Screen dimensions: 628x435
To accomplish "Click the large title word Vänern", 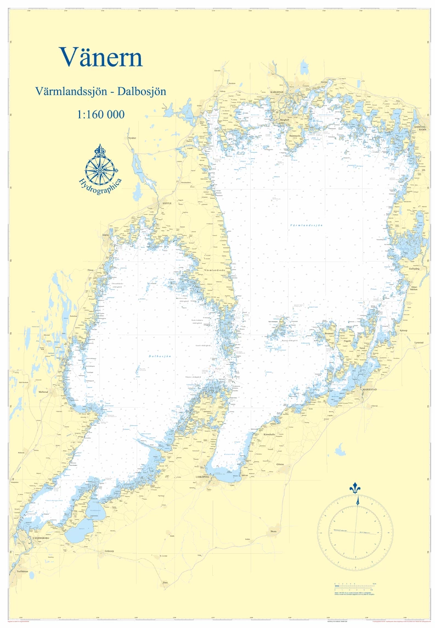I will pos(101,56).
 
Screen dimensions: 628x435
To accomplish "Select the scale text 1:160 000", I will pos(101,115).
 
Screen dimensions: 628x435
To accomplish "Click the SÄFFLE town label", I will pos(167,203).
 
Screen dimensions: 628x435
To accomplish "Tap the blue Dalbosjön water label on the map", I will pos(160,357).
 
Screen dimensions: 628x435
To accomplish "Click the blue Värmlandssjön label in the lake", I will pos(306,225).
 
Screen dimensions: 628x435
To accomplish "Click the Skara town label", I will pos(273,531).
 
